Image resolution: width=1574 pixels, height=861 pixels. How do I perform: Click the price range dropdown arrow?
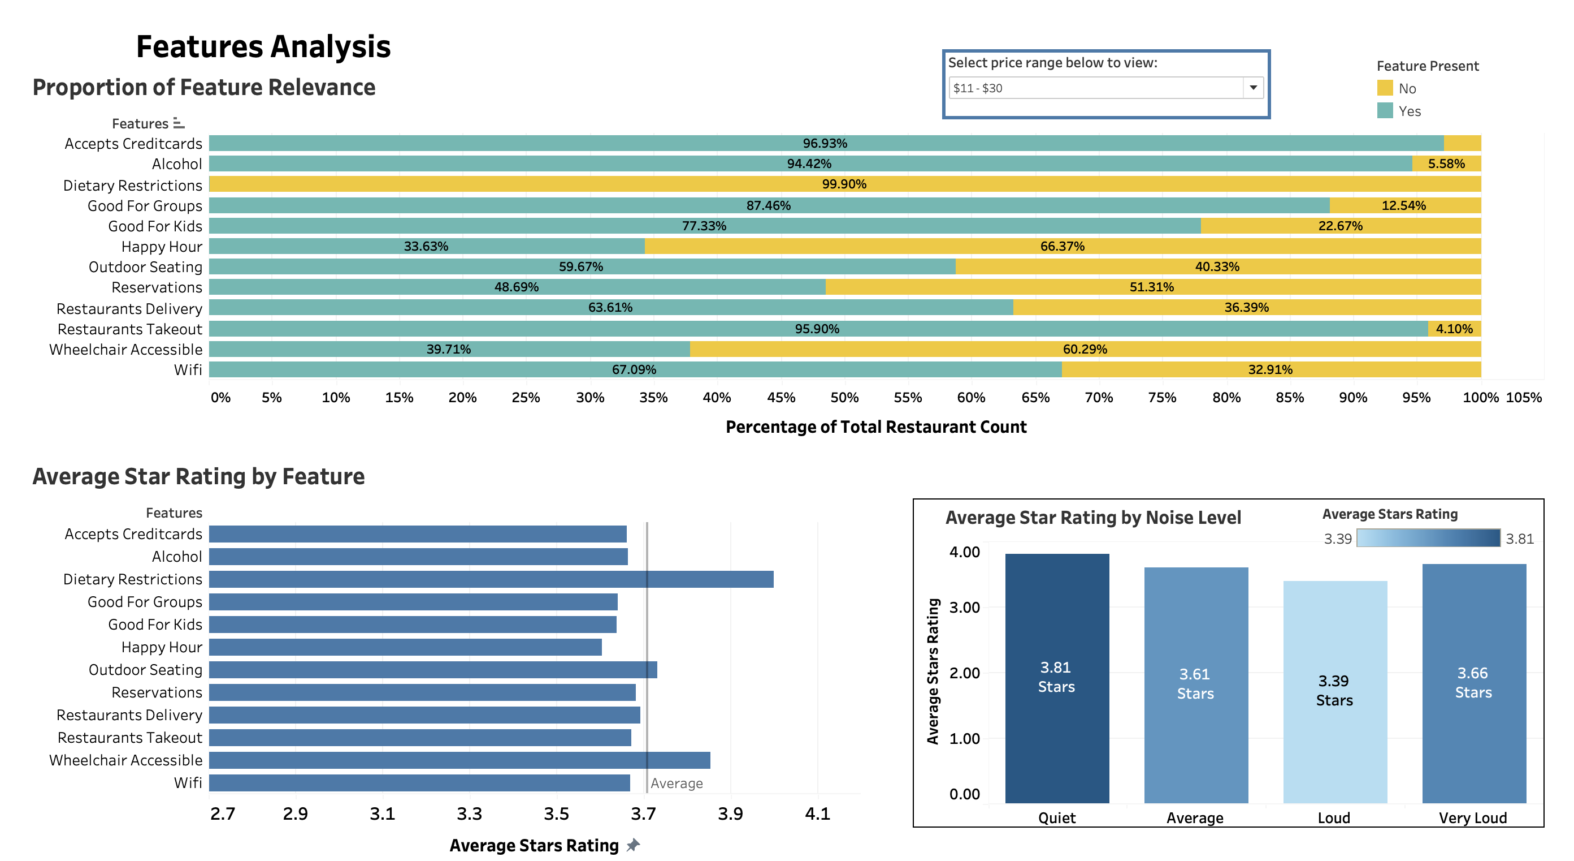(1252, 88)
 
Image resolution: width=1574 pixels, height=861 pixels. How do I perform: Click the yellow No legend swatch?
(1385, 88)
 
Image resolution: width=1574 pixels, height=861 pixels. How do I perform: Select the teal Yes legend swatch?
(1385, 111)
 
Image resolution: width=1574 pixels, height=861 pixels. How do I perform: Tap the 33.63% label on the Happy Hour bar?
(426, 247)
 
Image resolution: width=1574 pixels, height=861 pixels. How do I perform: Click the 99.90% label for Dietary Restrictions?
(844, 184)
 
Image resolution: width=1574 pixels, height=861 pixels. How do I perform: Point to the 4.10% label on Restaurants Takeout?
(1454, 329)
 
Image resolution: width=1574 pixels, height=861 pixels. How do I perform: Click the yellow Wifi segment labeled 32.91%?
(1270, 369)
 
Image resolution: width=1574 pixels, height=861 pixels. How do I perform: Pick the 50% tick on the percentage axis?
(844, 398)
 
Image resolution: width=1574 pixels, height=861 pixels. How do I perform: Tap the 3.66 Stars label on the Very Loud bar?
(1473, 682)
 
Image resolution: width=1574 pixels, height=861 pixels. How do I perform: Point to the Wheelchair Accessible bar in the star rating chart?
(459, 760)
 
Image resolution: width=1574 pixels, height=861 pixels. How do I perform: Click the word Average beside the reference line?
(677, 783)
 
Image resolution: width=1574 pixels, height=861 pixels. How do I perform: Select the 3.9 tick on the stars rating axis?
(730, 814)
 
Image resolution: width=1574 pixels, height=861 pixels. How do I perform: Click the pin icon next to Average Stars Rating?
(633, 845)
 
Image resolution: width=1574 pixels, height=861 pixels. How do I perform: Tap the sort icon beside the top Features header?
(179, 123)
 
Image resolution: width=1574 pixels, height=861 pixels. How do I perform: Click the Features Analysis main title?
(263, 46)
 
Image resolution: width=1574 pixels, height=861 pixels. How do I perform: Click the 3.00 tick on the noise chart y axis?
(964, 607)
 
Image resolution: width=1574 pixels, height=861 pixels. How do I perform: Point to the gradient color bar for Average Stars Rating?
(1428, 538)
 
